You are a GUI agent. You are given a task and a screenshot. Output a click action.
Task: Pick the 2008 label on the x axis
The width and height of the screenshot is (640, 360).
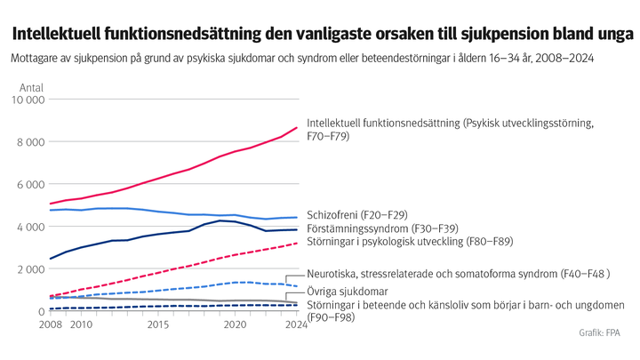(x=51, y=325)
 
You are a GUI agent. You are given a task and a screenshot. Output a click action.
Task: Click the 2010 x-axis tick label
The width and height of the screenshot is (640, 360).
(x=81, y=325)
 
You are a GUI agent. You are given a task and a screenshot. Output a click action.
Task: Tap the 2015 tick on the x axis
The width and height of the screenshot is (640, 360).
(x=158, y=325)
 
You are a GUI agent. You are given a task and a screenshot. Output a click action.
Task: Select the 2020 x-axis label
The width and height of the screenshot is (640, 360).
(x=235, y=325)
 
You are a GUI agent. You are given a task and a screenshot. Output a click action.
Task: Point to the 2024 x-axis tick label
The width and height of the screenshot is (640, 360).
(x=296, y=325)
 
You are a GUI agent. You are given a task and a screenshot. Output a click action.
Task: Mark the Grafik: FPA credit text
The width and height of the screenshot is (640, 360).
(x=599, y=332)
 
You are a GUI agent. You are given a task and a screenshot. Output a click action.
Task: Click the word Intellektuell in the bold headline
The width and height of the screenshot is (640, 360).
(x=54, y=35)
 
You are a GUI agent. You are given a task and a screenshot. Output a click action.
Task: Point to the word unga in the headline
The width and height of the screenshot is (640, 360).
(x=612, y=35)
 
